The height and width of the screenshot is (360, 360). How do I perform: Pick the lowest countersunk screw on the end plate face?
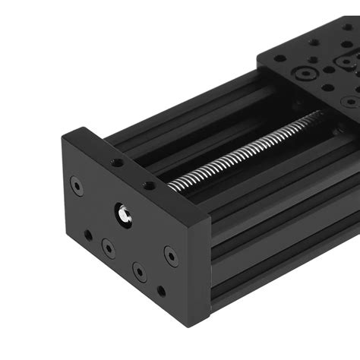tap(139, 271)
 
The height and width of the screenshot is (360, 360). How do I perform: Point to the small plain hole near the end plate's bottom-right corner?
tap(161, 291)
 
